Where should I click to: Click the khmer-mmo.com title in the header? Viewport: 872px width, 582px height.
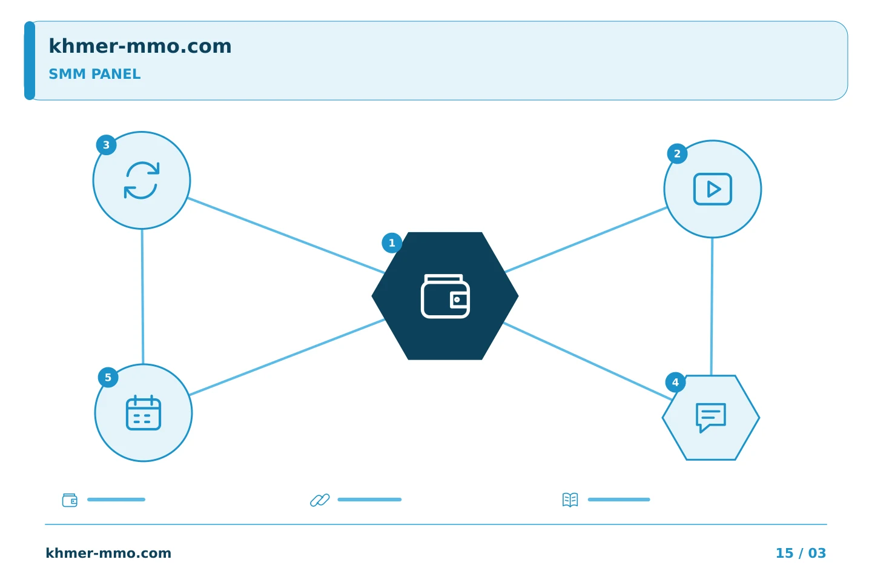[x=140, y=46]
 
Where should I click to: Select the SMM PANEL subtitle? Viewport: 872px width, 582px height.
[x=94, y=74]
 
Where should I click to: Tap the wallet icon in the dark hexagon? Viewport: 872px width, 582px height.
[x=445, y=296]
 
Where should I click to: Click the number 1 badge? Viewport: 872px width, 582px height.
[x=392, y=243]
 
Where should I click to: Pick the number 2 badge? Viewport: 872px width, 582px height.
[x=678, y=154]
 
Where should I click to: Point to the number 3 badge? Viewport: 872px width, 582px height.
[x=107, y=145]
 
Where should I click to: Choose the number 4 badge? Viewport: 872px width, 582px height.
[x=675, y=383]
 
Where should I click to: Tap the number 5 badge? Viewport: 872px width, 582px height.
[x=108, y=377]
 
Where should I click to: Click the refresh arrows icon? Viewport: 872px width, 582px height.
[x=142, y=181]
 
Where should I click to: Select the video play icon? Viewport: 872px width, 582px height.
[x=713, y=189]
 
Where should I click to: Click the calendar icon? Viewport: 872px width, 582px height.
[x=144, y=413]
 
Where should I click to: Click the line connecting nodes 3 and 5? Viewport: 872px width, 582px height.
[x=142, y=296]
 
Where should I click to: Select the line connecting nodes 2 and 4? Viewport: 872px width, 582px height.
[x=712, y=307]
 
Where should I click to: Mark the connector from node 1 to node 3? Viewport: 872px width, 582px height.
[x=286, y=236]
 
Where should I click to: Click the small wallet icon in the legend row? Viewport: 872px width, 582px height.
[x=70, y=500]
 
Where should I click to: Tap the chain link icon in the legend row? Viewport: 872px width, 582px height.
[x=320, y=500]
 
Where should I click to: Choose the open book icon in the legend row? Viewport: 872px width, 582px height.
[x=570, y=500]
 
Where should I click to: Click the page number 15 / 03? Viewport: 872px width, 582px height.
[x=801, y=553]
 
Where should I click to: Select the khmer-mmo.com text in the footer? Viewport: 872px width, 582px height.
[x=108, y=553]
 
